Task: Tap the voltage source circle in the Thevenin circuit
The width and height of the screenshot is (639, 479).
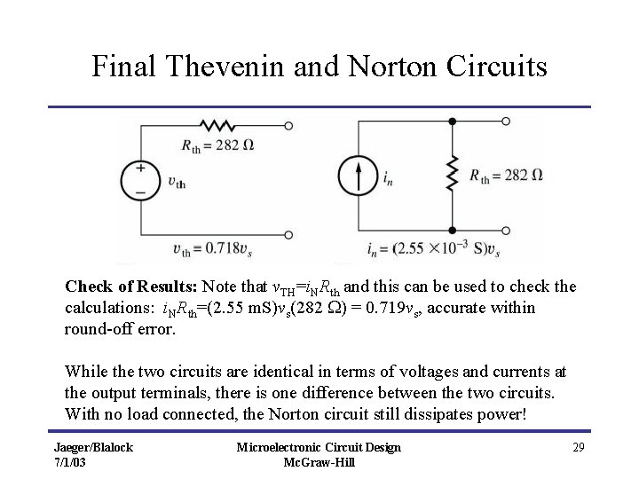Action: (x=140, y=177)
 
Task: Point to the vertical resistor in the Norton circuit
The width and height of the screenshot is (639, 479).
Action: (x=452, y=175)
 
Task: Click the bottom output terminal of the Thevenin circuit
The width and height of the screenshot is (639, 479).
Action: (x=288, y=235)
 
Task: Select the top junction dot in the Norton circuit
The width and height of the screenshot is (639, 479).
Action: (x=452, y=122)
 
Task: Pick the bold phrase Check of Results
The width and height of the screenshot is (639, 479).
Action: (x=131, y=287)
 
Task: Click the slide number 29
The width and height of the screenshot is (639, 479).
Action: (x=578, y=447)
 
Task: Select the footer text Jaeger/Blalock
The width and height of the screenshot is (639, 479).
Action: (x=92, y=447)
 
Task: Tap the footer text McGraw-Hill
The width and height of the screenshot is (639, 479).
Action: (x=319, y=462)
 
